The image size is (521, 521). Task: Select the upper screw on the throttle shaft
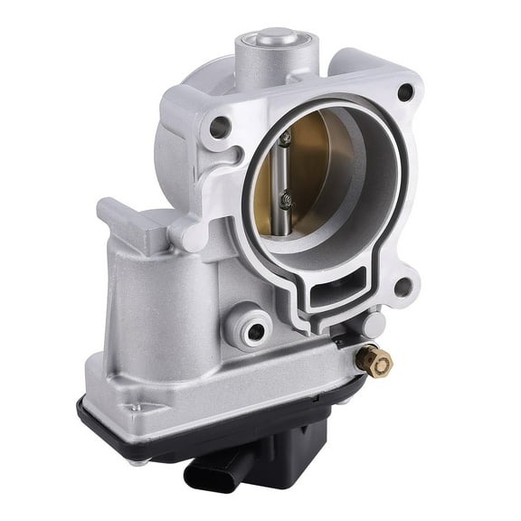point(285,139)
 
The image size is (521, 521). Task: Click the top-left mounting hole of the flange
point(218,127)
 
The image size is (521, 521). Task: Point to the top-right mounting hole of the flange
point(404,91)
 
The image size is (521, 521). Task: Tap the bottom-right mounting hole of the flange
point(403,287)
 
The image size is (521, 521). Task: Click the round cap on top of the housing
point(278,39)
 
